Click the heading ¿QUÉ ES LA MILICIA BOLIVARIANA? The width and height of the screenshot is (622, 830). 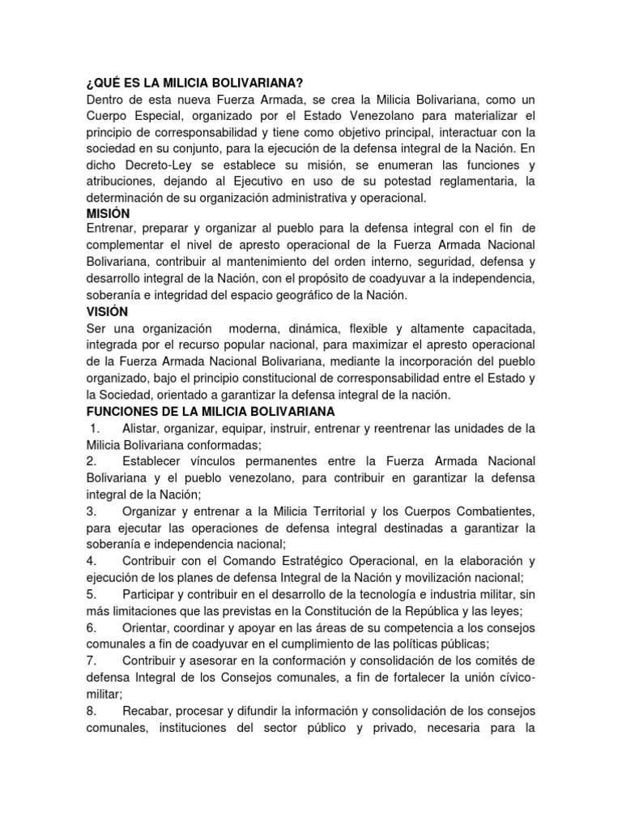pyautogui.click(x=194, y=82)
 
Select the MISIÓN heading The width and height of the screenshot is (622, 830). pyautogui.click(x=108, y=213)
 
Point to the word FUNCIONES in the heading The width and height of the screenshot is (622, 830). pyautogui.click(x=122, y=412)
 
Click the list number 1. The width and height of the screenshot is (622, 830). pyautogui.click(x=94, y=428)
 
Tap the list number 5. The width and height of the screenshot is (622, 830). pyautogui.click(x=91, y=594)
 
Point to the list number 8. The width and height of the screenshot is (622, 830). pyautogui.click(x=91, y=711)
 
